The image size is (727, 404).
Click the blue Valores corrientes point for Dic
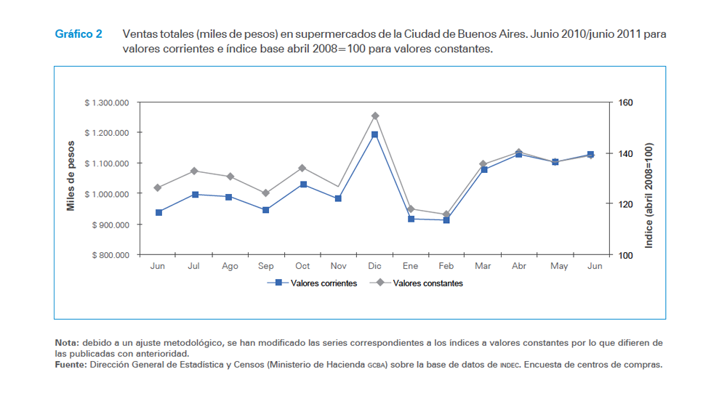pos(374,134)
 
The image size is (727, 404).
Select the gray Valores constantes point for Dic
pos(375,116)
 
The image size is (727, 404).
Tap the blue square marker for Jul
pos(195,195)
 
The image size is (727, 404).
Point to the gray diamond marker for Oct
pos(302,168)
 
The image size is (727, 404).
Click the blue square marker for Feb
pos(446,219)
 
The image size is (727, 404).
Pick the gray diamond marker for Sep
pos(266,193)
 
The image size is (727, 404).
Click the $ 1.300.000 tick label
pos(107,103)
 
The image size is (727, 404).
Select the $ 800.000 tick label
pos(110,256)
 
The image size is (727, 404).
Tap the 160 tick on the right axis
pos(626,103)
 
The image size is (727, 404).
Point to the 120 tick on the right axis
pos(626,205)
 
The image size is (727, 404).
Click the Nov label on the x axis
pos(339,267)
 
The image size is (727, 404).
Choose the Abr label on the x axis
pos(519,267)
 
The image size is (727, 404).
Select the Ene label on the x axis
pos(411,267)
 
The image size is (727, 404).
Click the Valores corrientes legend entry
pos(323,283)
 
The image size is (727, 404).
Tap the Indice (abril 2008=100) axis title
pos(649,195)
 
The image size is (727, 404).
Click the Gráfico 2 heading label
pos(79,34)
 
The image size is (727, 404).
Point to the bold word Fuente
pos(71,365)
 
